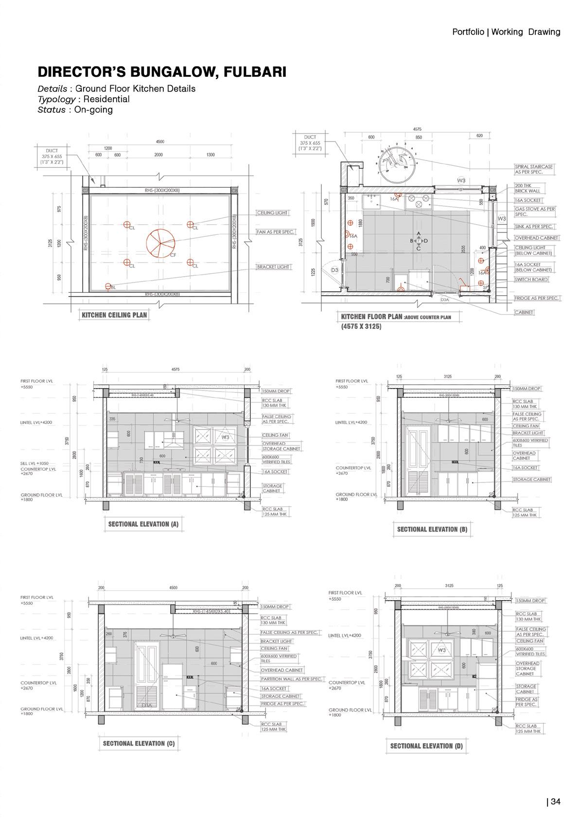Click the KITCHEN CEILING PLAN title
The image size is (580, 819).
coord(114,315)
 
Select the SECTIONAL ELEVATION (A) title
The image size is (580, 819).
coord(143,524)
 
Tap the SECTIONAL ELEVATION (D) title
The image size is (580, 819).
coord(426,746)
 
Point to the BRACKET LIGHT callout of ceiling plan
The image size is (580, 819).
coord(273,267)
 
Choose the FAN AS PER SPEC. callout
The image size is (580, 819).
coord(276,232)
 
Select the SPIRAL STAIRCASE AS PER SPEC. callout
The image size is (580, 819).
coord(534,169)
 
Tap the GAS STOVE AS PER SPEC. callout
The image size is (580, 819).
coord(534,212)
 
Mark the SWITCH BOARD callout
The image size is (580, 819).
coord(531,280)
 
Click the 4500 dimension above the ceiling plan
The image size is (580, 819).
coord(160,142)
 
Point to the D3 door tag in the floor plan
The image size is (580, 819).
coord(334,269)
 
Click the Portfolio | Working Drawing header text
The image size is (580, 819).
coord(506,32)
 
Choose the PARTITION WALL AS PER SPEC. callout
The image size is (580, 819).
coord(292,679)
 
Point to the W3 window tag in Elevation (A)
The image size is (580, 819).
coord(225,437)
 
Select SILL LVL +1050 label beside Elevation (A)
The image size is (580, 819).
coord(34,463)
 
